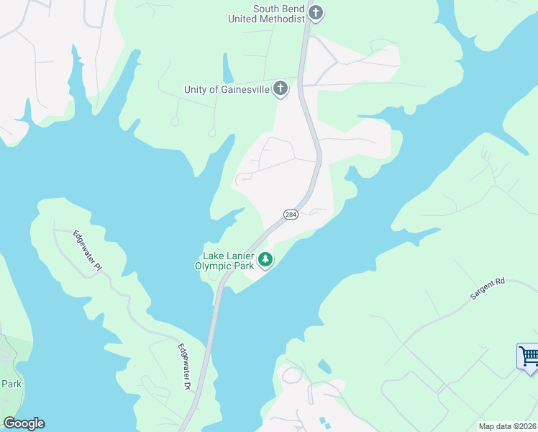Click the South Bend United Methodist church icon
click(316, 12)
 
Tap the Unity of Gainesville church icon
click(281, 89)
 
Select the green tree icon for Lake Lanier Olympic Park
click(265, 259)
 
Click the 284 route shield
click(291, 215)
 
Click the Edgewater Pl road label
click(88, 250)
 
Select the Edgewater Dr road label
click(184, 366)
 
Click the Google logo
click(23, 423)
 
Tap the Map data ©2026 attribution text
click(507, 426)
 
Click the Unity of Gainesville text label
click(227, 90)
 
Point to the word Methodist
click(281, 19)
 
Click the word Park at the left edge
click(11, 384)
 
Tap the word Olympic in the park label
click(213, 266)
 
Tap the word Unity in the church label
click(196, 90)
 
